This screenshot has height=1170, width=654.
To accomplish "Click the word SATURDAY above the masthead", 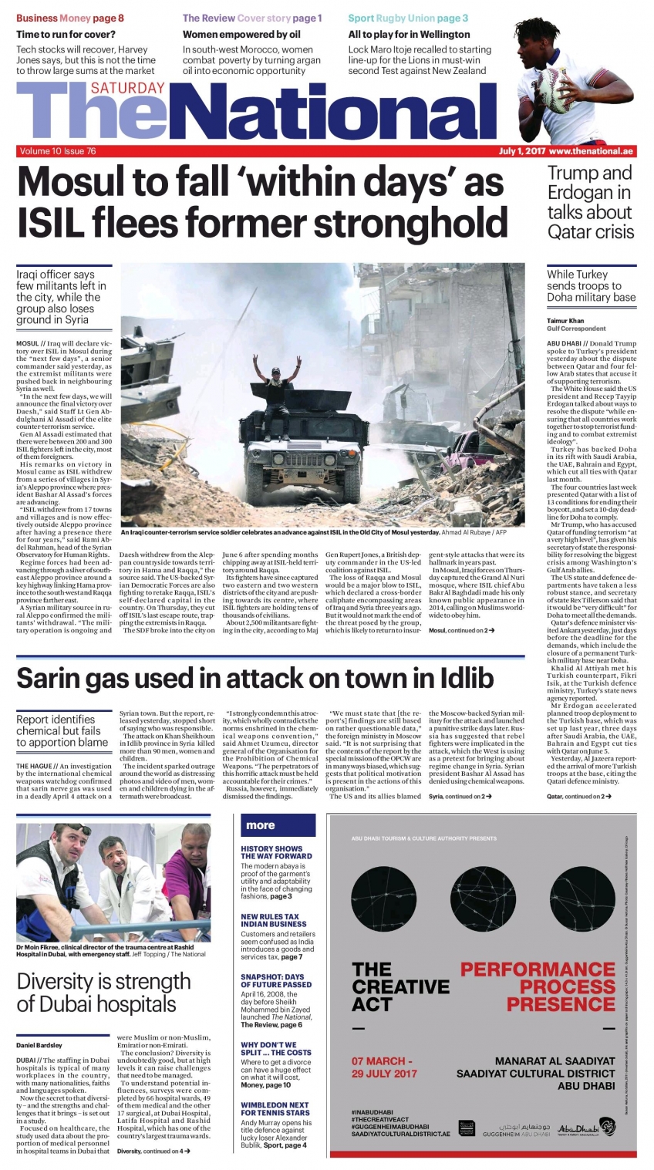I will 127,89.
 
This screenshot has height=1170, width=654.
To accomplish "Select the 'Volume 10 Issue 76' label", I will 57,151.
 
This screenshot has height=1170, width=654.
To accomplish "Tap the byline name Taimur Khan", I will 565,321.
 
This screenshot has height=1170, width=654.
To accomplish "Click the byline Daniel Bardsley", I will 39,1046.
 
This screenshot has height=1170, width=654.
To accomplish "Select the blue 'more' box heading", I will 261,824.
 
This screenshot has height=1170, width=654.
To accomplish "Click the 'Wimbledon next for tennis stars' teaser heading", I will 275,1109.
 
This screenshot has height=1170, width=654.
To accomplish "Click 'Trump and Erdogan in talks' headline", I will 590,202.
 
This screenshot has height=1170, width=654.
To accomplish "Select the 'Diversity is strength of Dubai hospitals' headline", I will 103,993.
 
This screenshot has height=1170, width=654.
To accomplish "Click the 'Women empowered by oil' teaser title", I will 241,34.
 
